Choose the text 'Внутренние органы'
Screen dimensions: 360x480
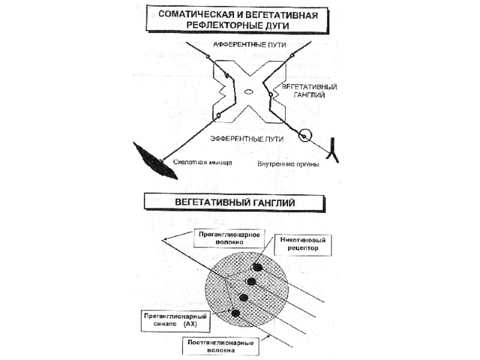[x=288, y=163]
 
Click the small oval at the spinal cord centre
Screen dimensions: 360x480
[x=248, y=92]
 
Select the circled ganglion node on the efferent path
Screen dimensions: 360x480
[x=305, y=137]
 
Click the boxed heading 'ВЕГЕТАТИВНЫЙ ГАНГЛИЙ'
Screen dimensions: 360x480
[x=235, y=203]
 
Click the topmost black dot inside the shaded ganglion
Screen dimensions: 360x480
[x=258, y=267]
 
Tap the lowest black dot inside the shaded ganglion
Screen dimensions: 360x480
[x=235, y=313]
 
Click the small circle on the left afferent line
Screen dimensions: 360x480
[x=208, y=56]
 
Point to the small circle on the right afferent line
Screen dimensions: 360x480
[x=292, y=56]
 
